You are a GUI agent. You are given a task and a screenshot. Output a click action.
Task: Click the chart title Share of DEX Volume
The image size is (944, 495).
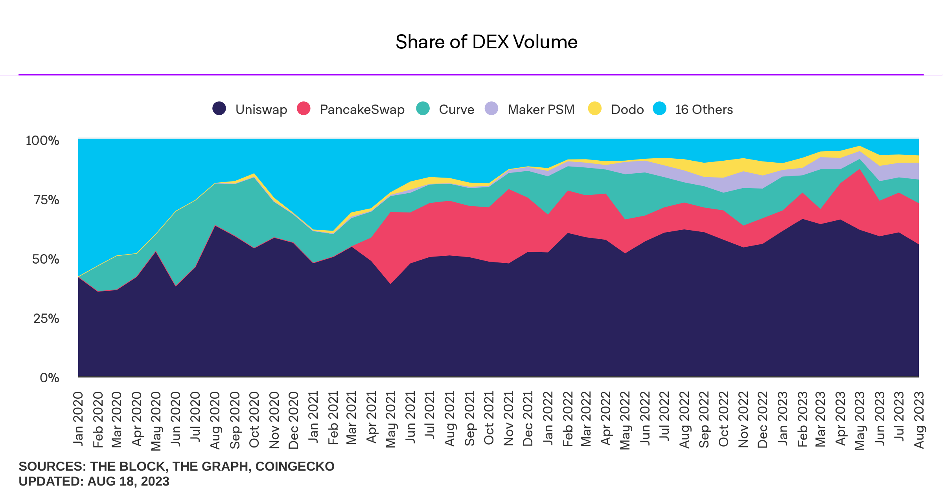[x=486, y=42]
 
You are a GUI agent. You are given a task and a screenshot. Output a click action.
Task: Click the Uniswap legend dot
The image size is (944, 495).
[x=219, y=108]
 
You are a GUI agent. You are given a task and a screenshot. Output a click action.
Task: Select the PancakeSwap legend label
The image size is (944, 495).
[x=362, y=109]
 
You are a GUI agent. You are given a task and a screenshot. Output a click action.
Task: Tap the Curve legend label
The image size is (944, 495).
[x=456, y=109]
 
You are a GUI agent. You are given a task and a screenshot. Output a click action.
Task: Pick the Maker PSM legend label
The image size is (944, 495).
[x=541, y=109]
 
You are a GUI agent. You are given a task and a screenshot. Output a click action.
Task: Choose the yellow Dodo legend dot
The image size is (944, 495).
[x=594, y=108]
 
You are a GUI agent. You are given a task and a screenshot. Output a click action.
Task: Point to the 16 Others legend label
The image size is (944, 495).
[x=704, y=109]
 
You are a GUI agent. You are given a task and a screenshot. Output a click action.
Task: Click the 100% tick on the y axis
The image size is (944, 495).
[x=42, y=141]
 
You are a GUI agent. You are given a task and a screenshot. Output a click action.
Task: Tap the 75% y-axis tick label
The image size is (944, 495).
[x=46, y=200]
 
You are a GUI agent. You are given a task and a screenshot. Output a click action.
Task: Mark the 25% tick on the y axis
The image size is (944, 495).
[x=46, y=319]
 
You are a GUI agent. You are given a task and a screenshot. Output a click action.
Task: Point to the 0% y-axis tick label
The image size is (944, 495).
[x=50, y=378]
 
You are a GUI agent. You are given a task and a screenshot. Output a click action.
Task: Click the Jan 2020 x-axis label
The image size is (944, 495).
[x=78, y=419]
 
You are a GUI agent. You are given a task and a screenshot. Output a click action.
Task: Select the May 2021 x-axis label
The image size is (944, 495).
[x=390, y=420]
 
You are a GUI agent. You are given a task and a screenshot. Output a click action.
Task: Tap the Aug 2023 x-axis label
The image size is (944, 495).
[x=919, y=420]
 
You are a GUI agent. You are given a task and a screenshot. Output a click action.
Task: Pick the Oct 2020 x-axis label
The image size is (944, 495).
[x=254, y=420]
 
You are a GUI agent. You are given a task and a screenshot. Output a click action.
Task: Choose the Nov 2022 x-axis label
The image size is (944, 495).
[x=743, y=420]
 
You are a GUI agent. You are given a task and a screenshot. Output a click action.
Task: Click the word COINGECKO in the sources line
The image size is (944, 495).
[x=295, y=466]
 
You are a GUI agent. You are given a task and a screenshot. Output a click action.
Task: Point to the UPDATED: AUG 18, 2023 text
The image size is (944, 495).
[x=94, y=481]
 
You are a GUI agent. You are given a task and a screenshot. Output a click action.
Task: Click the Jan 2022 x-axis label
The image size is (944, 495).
[x=548, y=419]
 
